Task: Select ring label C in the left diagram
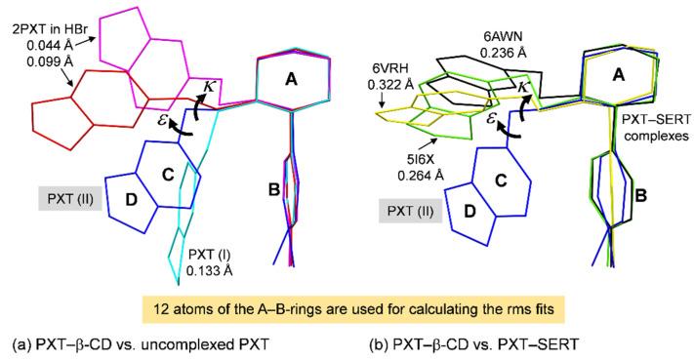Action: (x=166, y=174)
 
